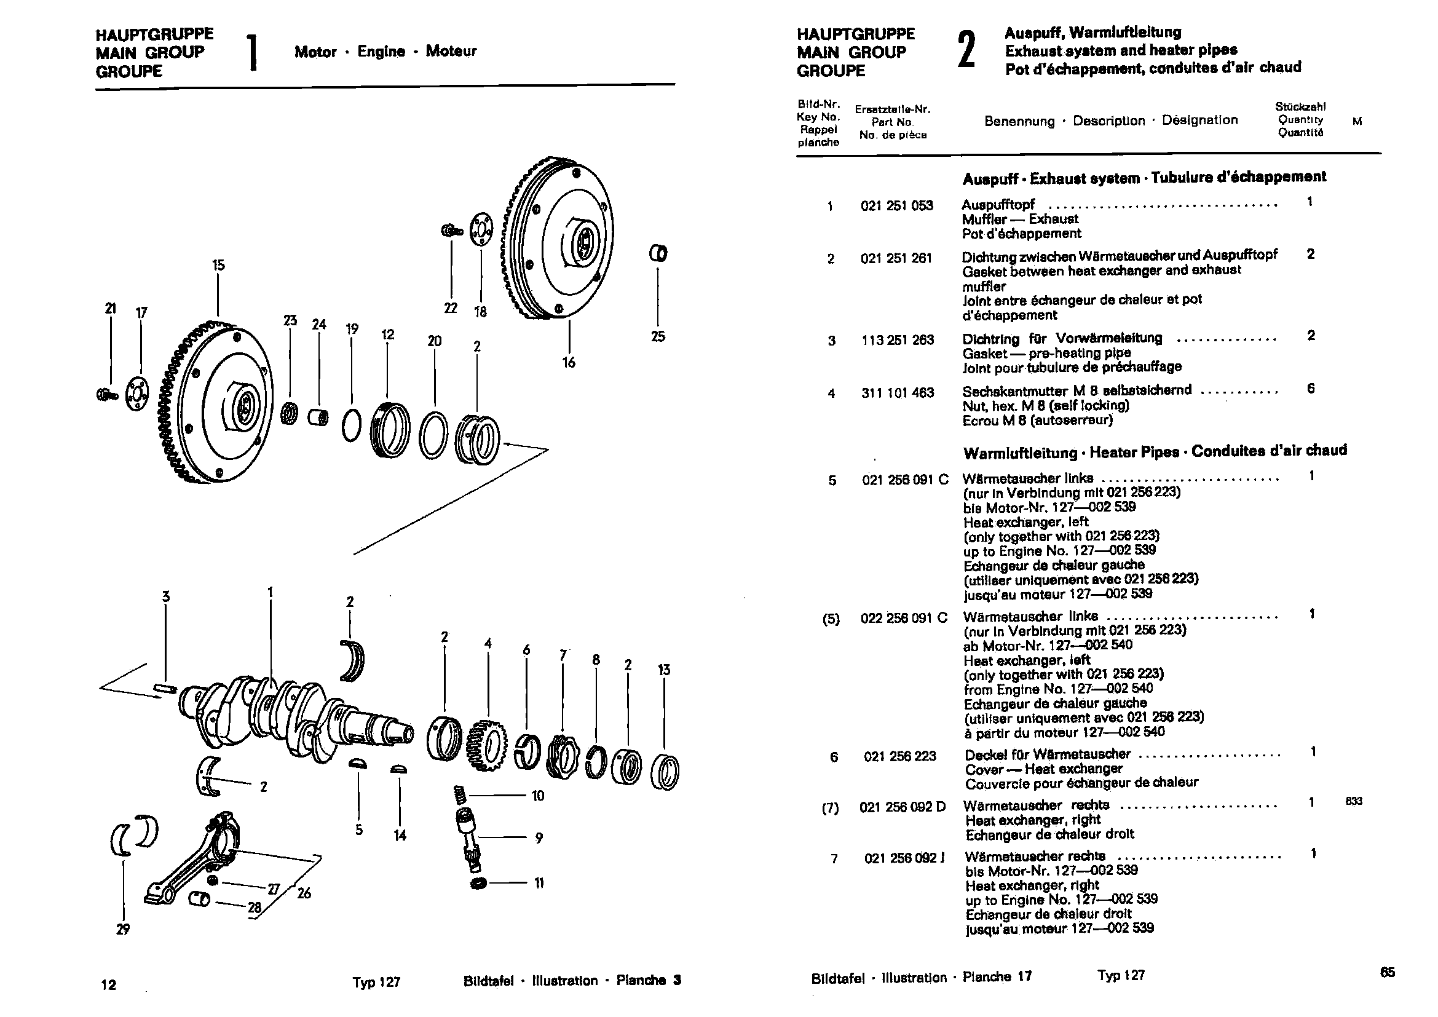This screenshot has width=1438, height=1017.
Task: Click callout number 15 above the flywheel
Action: [218, 265]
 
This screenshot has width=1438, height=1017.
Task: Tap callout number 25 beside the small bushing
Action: [658, 336]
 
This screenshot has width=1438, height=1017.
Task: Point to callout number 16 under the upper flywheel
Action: [569, 362]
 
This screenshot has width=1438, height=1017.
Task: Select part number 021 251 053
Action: [896, 206]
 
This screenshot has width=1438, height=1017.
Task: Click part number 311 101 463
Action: [897, 394]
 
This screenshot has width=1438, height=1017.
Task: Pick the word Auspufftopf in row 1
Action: [998, 205]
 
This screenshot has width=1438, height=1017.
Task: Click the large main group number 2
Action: [966, 52]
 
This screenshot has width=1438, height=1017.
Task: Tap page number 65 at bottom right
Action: [1387, 972]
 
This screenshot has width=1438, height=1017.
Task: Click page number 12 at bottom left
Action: [108, 985]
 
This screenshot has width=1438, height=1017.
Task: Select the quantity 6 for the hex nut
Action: [1311, 388]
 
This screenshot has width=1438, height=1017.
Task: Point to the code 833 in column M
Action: [1354, 801]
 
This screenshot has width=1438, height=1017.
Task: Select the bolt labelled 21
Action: [107, 395]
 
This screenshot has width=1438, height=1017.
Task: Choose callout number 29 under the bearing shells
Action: [123, 928]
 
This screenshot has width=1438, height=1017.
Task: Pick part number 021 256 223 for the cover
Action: [899, 756]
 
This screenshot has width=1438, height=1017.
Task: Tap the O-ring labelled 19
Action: [352, 426]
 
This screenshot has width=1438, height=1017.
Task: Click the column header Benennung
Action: [1019, 122]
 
